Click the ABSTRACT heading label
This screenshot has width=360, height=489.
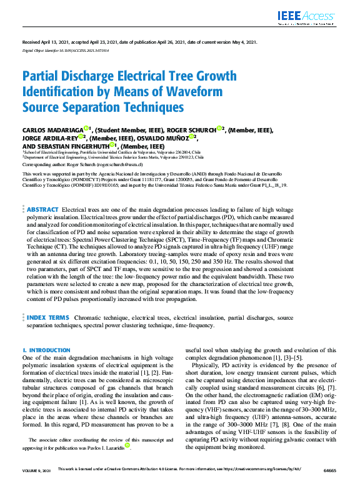click(x=42, y=208)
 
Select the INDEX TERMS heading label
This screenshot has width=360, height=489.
click(x=48, y=318)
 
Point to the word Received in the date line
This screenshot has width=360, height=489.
click(x=32, y=42)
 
